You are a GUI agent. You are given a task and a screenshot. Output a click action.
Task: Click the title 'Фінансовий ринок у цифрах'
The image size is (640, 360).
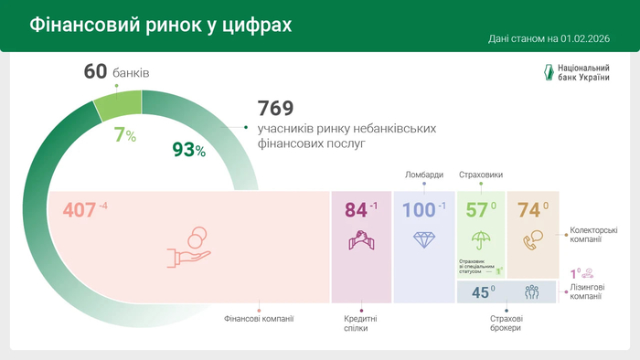click(x=161, y=25)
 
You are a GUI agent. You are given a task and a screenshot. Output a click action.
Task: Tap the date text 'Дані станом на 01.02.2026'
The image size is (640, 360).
click(x=550, y=39)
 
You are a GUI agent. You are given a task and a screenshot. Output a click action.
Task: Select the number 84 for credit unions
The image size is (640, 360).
click(x=356, y=210)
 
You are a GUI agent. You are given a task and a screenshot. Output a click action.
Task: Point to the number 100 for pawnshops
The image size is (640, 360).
click(x=418, y=210)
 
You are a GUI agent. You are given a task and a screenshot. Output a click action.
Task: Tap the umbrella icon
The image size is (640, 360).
click(x=479, y=239)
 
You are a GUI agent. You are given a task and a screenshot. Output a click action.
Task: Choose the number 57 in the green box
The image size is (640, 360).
click(x=475, y=210)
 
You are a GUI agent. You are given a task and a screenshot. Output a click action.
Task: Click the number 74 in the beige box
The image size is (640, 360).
click(x=528, y=210)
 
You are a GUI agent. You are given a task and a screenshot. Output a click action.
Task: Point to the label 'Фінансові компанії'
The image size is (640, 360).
click(x=259, y=319)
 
